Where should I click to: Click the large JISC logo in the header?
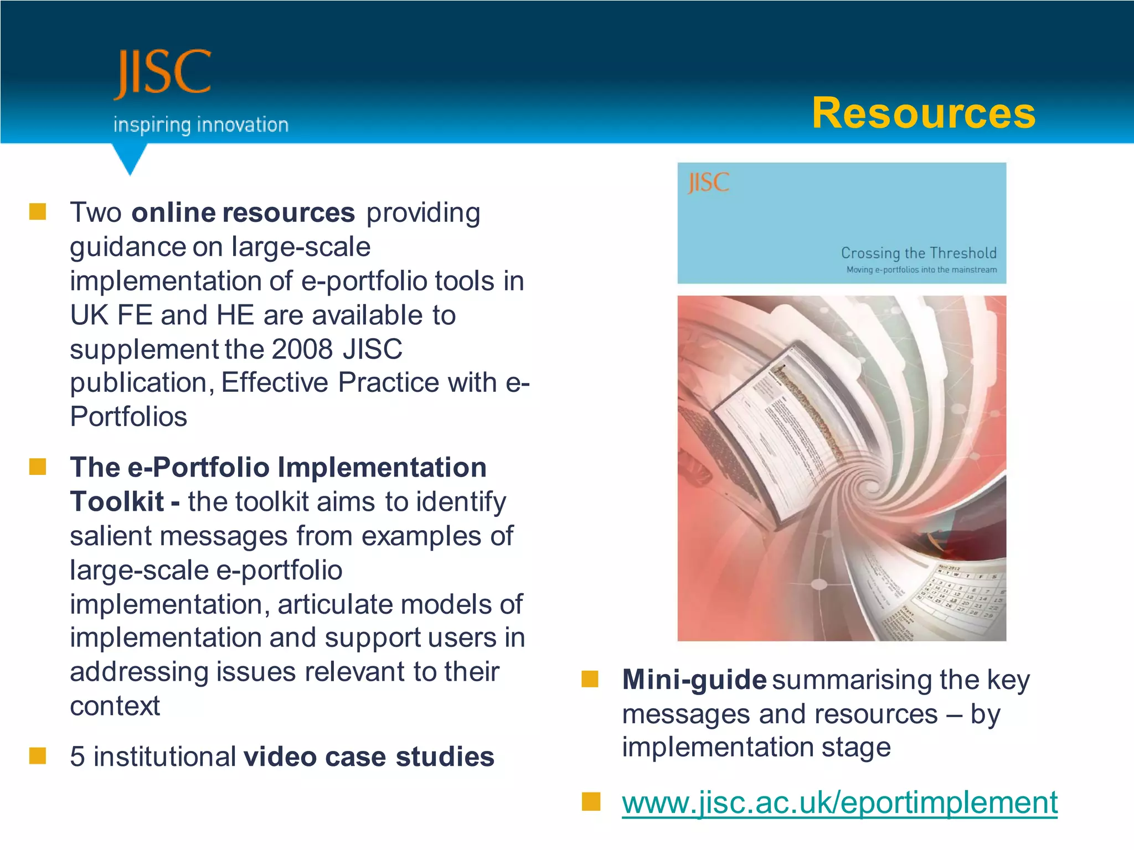click(162, 73)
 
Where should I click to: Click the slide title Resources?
click(923, 113)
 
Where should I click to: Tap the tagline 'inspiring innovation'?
click(201, 125)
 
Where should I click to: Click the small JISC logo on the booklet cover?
click(708, 183)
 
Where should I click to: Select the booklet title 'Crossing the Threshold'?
click(918, 253)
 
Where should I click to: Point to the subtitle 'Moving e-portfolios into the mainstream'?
click(921, 270)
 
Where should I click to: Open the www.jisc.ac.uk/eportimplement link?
click(839, 802)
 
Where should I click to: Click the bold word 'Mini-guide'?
click(694, 680)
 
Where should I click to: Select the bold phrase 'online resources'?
click(243, 213)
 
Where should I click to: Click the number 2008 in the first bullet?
click(302, 349)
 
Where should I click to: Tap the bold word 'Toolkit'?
click(117, 502)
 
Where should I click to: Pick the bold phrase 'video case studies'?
click(369, 756)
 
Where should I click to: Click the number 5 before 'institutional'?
click(78, 756)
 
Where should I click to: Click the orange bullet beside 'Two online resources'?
click(38, 211)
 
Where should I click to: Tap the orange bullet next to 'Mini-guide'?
click(590, 679)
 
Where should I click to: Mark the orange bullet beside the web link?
click(591, 801)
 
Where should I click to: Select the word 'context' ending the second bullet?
click(115, 706)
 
